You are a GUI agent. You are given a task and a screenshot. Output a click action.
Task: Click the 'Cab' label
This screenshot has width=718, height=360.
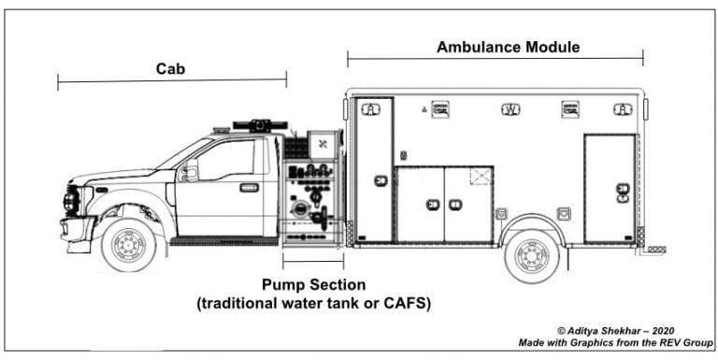171,69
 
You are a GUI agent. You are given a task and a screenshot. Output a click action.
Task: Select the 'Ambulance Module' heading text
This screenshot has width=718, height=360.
509,47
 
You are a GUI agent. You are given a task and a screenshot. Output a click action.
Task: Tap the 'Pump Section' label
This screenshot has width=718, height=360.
313,284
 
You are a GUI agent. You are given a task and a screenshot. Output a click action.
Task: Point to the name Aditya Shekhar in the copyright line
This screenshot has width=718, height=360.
611,331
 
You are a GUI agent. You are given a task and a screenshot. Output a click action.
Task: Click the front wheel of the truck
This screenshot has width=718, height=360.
128,245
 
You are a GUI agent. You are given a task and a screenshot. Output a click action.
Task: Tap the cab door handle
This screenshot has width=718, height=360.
249,188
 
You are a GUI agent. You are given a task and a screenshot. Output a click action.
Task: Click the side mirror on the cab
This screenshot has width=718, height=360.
189,172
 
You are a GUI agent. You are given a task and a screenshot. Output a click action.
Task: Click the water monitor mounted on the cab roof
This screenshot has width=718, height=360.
260,124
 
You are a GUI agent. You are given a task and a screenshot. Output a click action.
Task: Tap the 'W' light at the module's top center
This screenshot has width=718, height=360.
510,108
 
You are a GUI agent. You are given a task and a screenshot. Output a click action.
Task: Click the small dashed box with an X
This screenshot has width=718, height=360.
481,175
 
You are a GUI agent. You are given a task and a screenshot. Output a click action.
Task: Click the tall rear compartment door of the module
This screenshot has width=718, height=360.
610,190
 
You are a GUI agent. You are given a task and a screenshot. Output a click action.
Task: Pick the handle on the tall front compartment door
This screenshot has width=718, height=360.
381,180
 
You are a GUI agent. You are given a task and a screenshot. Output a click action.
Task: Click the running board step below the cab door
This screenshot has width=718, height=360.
224,241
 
